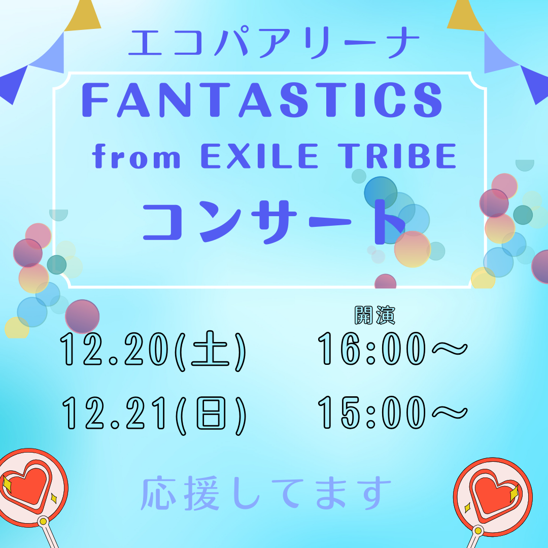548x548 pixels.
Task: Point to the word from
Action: (x=137, y=158)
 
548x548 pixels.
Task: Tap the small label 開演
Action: (x=374, y=316)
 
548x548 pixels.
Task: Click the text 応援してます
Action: (x=267, y=493)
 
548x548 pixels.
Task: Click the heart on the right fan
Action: (x=492, y=492)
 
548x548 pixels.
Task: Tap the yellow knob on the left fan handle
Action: (x=43, y=521)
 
